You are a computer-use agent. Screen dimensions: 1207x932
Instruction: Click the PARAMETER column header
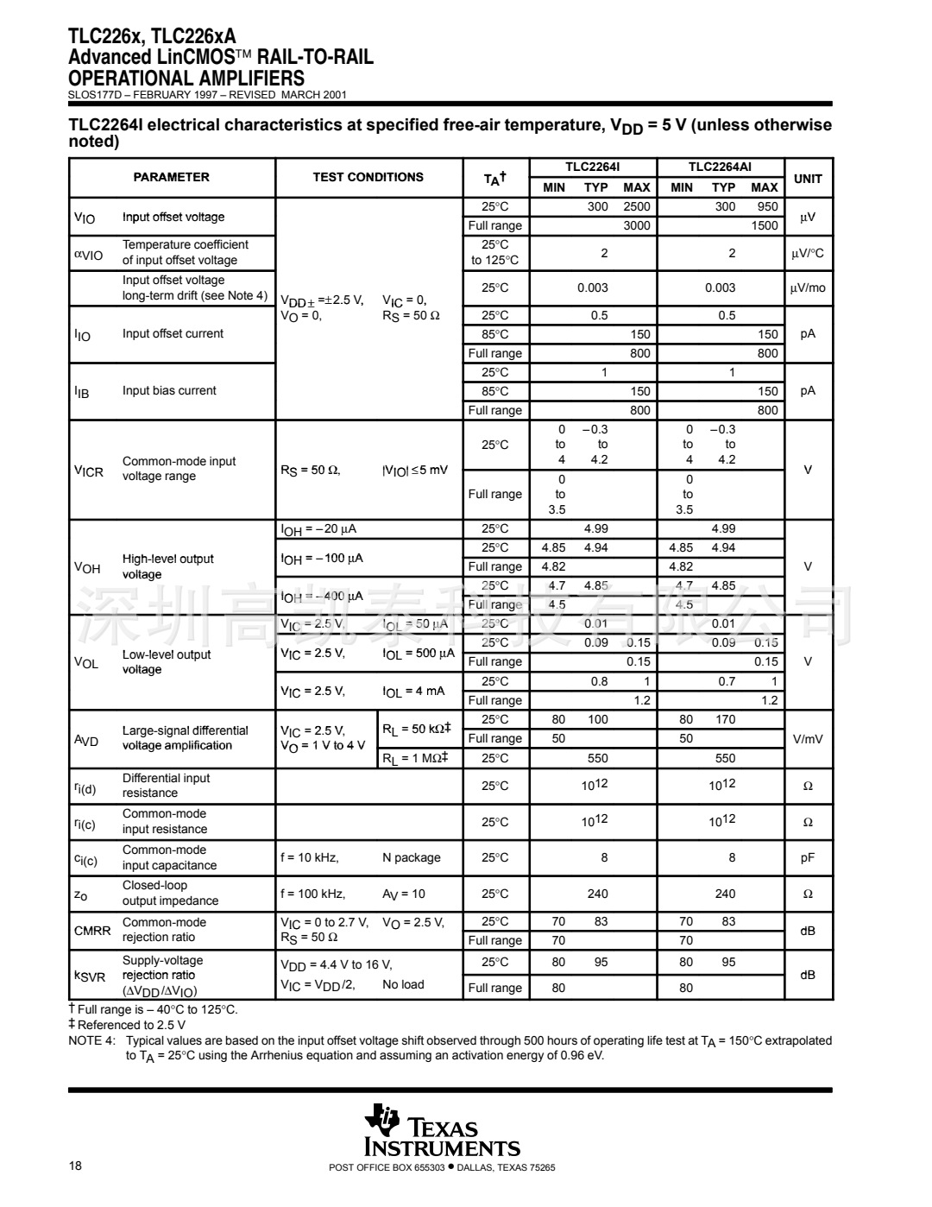(171, 177)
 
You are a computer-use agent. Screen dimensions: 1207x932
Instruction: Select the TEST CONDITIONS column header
(368, 177)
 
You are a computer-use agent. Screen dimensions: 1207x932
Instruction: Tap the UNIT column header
(808, 179)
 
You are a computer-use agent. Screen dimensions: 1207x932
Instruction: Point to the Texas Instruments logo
(443, 1130)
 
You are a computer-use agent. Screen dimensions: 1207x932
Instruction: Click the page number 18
(75, 1166)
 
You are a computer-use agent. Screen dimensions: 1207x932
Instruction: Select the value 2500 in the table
(637, 206)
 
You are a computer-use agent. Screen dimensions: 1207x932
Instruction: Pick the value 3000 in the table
(637, 225)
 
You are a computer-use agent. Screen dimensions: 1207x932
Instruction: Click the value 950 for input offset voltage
(767, 206)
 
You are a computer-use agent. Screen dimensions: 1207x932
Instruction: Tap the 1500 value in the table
(765, 225)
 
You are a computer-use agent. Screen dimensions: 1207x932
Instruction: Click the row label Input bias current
(169, 390)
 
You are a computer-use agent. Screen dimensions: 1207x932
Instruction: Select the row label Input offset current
(173, 333)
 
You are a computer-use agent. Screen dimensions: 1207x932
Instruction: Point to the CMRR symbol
(92, 930)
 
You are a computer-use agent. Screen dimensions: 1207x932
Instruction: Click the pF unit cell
(808, 857)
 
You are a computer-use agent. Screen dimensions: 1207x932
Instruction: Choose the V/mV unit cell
(808, 738)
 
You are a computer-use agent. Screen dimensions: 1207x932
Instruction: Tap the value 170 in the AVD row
(725, 719)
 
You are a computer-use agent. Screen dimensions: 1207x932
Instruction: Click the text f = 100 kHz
(312, 894)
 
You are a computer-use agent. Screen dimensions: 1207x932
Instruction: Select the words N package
(411, 857)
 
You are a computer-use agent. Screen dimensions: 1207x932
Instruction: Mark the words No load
(403, 984)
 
